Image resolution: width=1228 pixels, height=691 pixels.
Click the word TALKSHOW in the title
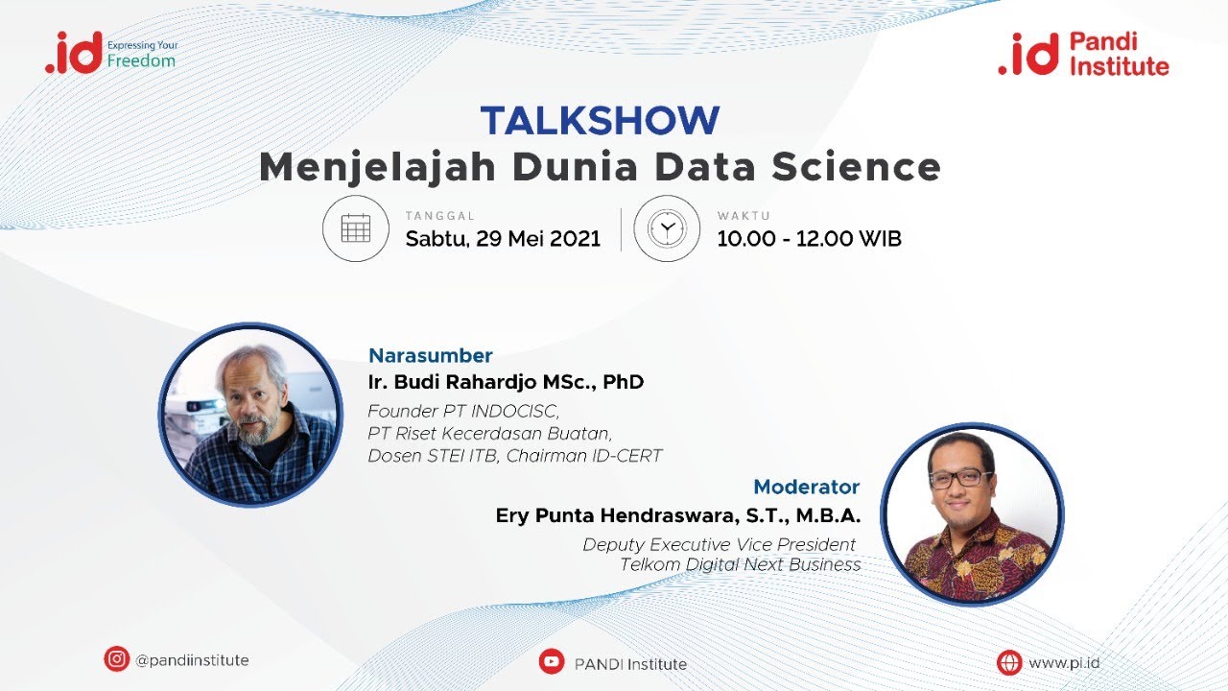tap(600, 121)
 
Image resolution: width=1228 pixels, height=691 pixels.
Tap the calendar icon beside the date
tap(355, 228)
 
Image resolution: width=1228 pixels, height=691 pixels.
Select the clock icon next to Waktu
tap(667, 228)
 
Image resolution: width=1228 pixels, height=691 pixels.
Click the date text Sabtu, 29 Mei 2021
tap(503, 238)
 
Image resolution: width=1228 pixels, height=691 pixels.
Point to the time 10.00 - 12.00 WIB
tap(809, 238)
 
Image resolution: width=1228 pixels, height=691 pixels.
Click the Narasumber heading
tap(431, 355)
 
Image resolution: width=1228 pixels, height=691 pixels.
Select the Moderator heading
tap(806, 487)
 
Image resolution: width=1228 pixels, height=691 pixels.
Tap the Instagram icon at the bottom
tap(117, 659)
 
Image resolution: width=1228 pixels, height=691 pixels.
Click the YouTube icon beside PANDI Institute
tap(551, 662)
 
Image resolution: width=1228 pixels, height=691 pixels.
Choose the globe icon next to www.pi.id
tap(1009, 662)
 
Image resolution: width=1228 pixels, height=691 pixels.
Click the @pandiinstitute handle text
tap(192, 660)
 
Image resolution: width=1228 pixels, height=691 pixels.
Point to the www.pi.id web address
tap(1064, 662)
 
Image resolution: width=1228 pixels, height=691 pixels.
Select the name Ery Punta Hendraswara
tap(614, 515)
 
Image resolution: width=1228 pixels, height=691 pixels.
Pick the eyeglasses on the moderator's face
tap(961, 477)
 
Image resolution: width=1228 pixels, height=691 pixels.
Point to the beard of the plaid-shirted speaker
tap(251, 430)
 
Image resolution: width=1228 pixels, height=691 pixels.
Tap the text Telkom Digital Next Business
tap(740, 564)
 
